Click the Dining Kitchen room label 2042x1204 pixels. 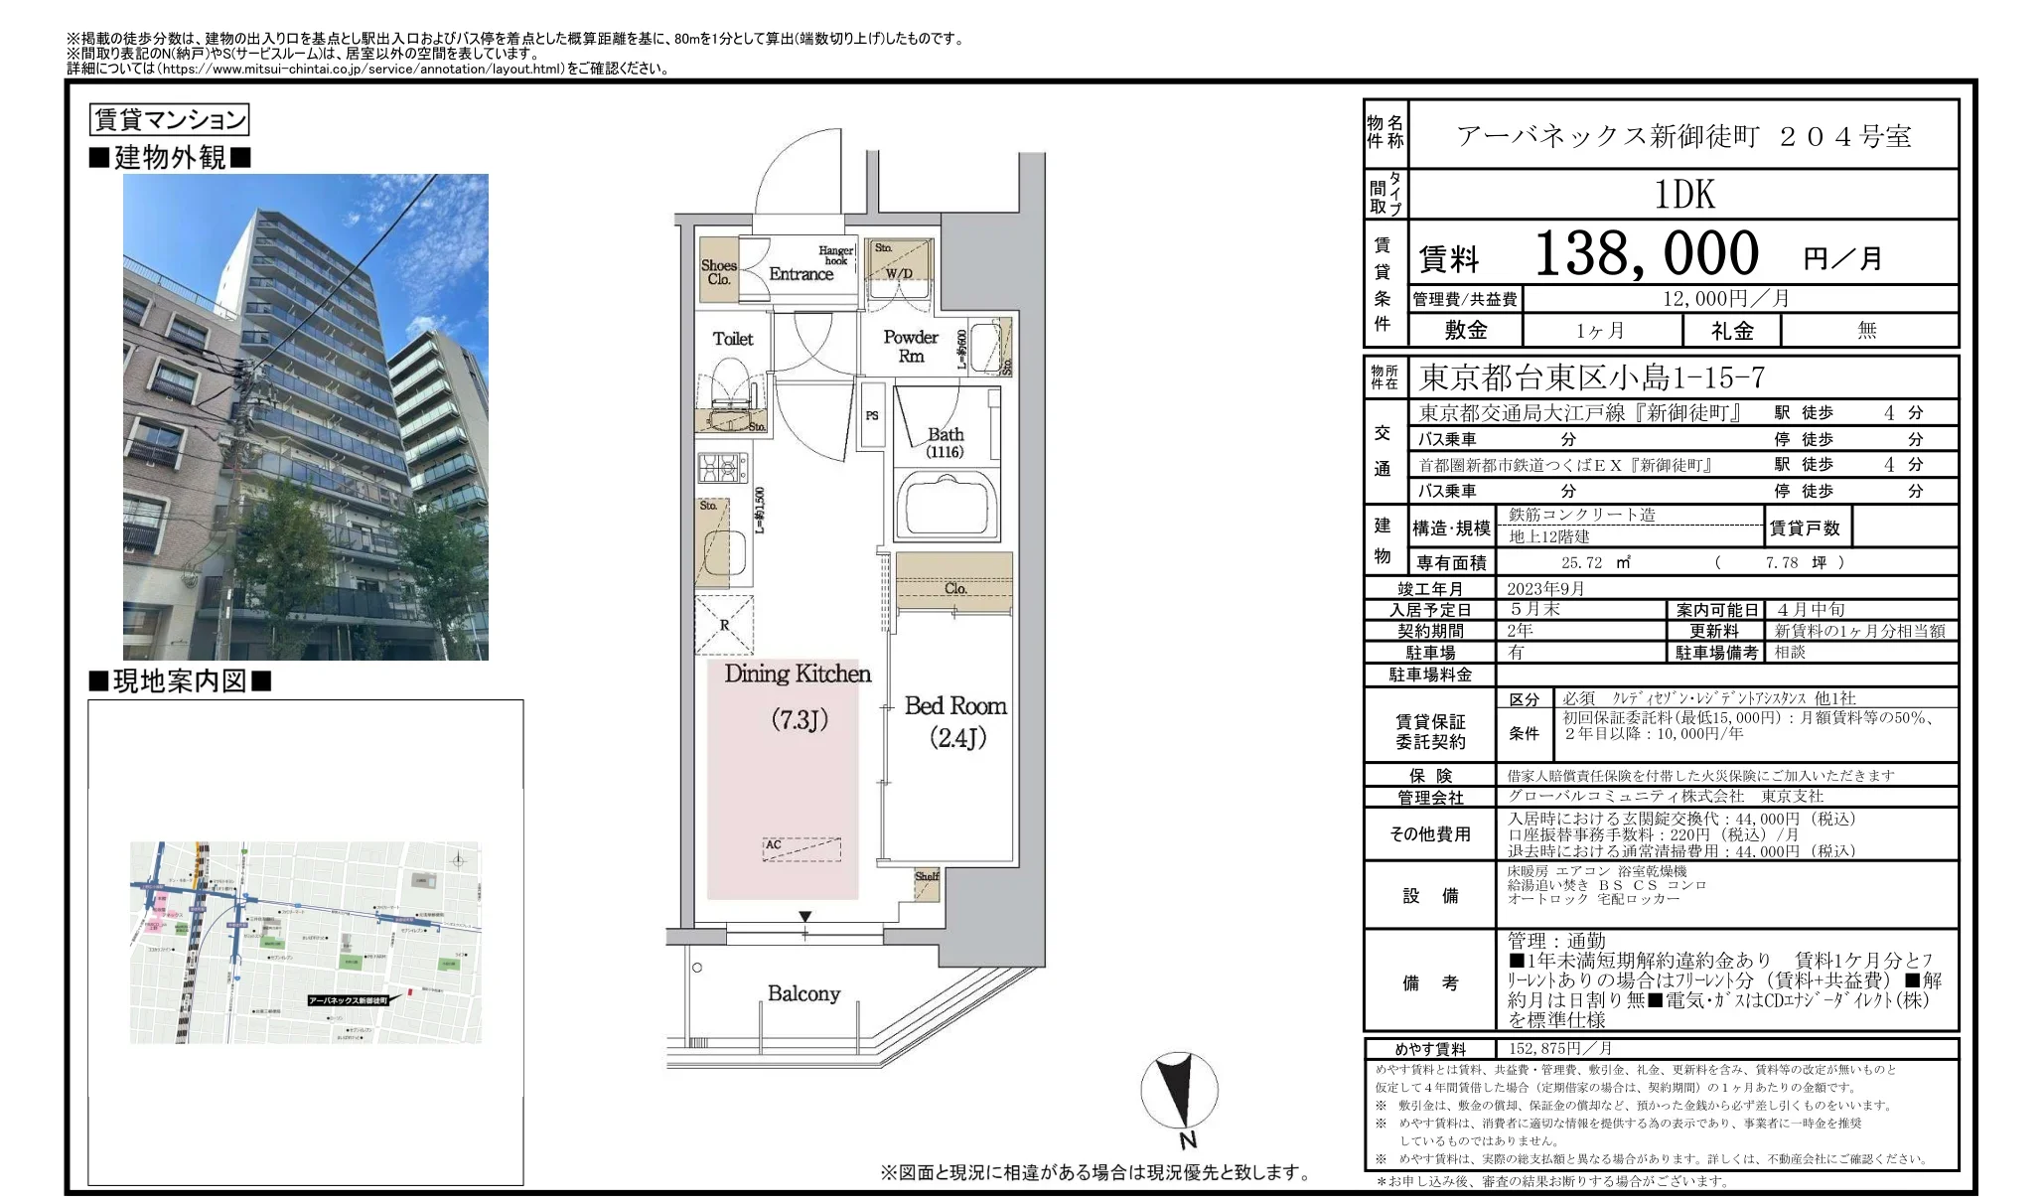pyautogui.click(x=798, y=675)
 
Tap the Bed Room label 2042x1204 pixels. pyautogui.click(x=955, y=706)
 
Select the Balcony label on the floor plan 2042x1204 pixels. pyautogui.click(x=803, y=993)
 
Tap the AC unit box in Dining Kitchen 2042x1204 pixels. pyautogui.click(x=802, y=848)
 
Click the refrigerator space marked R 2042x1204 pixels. pyautogui.click(x=724, y=625)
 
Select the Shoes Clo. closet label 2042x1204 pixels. pyautogui.click(x=718, y=272)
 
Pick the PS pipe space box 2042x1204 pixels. pyautogui.click(x=872, y=415)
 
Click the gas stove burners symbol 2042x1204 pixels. pyautogui.click(x=722, y=467)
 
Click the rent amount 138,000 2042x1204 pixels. pyautogui.click(x=1647, y=254)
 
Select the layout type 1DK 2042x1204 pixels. pyautogui.click(x=1684, y=195)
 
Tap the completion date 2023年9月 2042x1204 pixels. pyautogui.click(x=1545, y=589)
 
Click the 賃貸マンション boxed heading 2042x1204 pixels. pyautogui.click(x=169, y=120)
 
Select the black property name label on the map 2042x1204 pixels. pyautogui.click(x=348, y=1000)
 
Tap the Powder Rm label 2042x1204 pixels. pyautogui.click(x=911, y=347)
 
